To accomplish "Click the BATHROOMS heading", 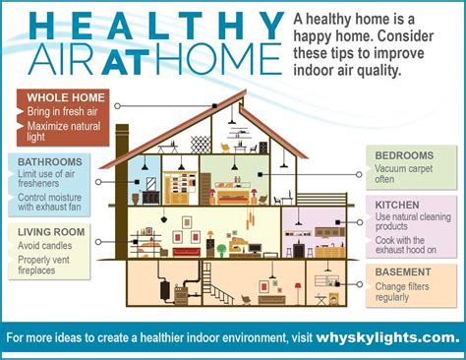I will (50, 160).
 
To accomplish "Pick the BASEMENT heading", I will (403, 270).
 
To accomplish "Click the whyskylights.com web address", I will (387, 337).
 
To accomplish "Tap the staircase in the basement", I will (221, 290).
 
